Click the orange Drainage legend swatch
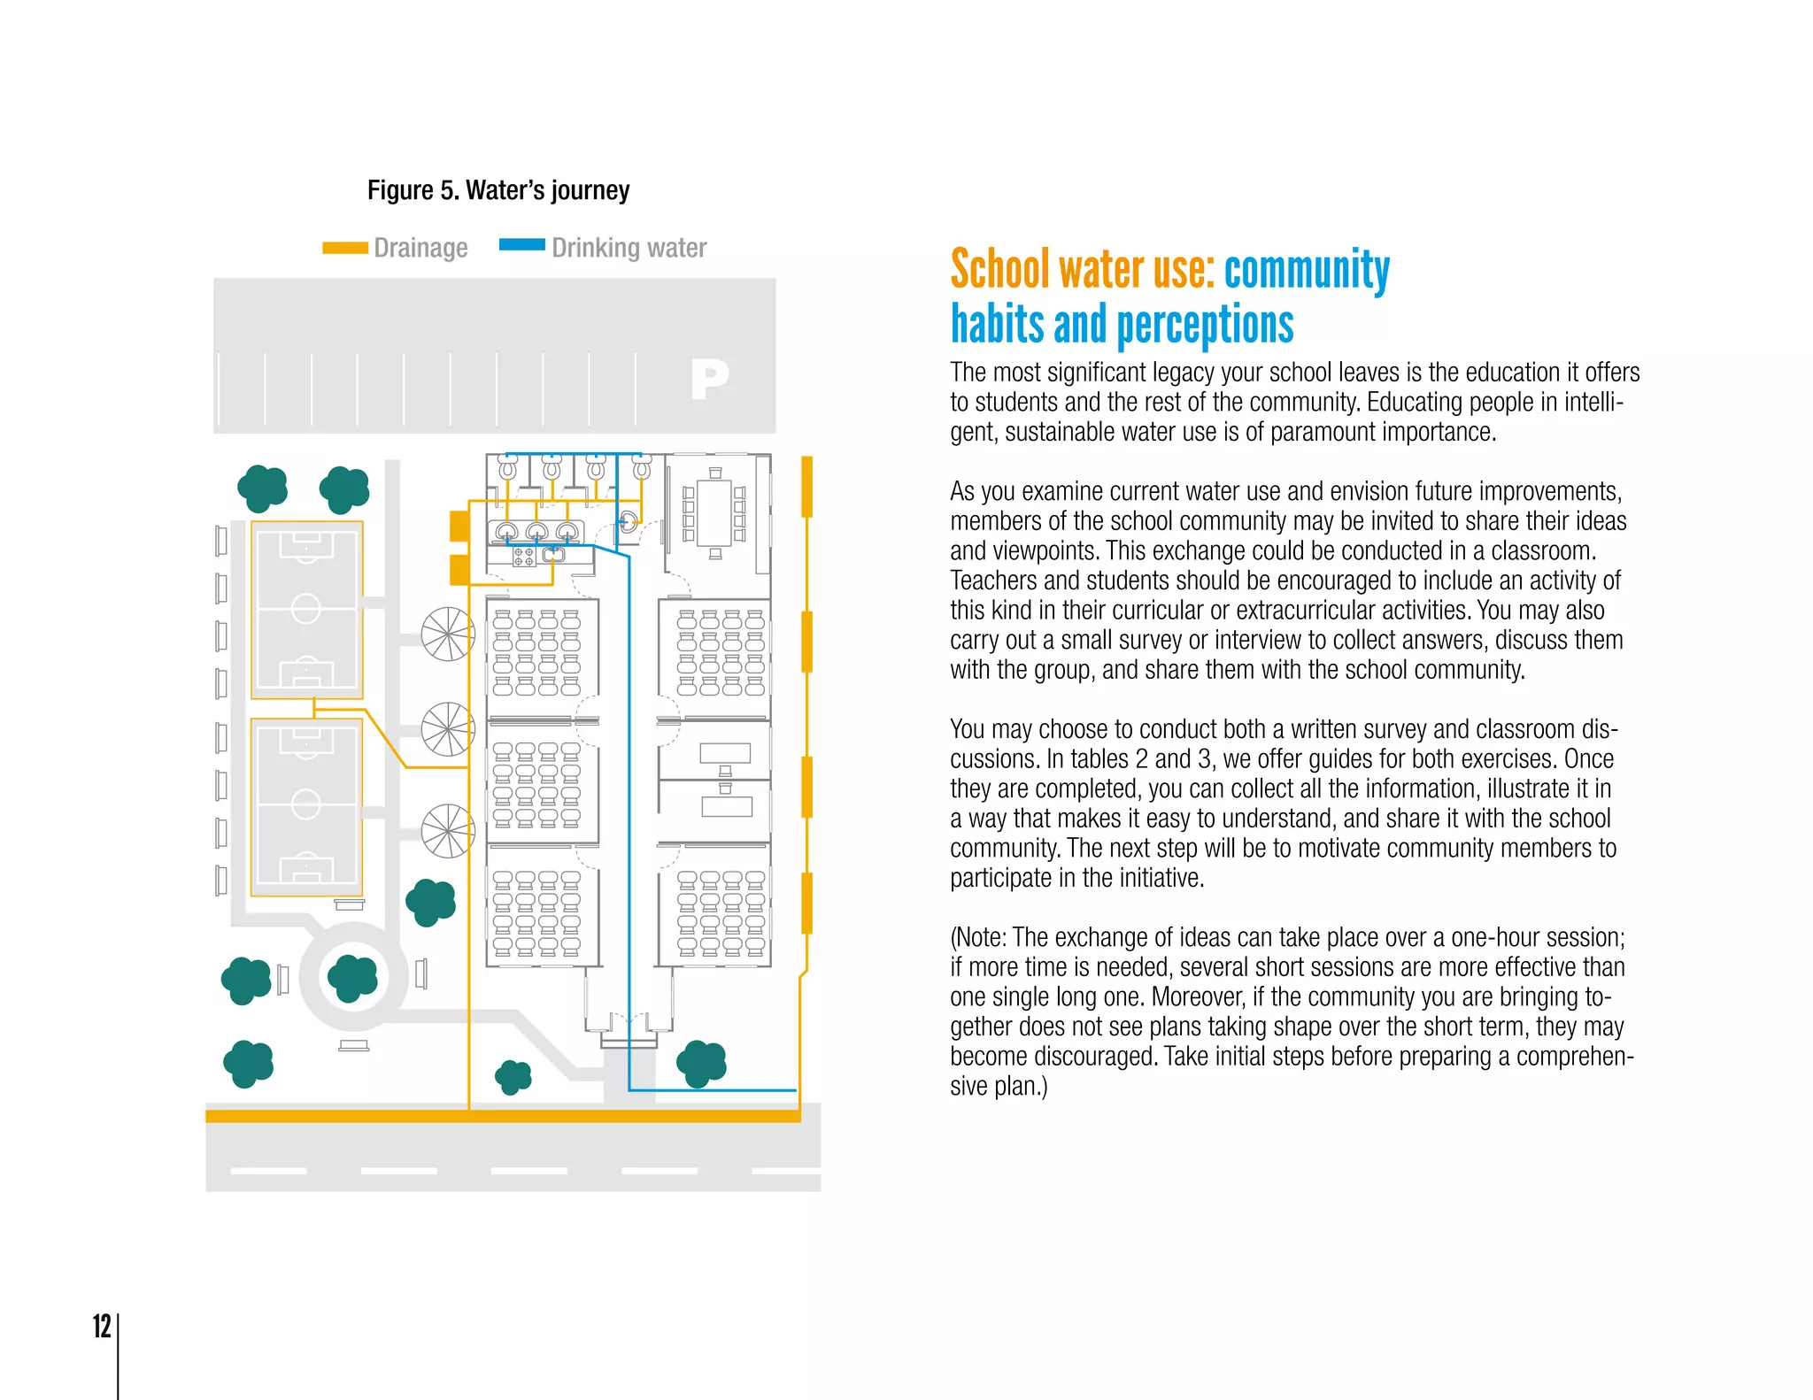345,248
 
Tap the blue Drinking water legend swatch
522,245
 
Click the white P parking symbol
710,380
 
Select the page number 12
102,1326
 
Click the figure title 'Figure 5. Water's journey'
498,190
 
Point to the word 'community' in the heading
1307,271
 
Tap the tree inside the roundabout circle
352,977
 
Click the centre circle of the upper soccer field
306,609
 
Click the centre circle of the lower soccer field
306,804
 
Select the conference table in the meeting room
714,513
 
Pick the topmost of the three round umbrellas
448,634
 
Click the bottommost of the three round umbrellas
448,831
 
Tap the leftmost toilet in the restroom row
507,467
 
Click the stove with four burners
524,557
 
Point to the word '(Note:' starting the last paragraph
978,937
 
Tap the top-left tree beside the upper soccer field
262,488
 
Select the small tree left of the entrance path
513,1077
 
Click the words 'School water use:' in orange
1082,271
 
